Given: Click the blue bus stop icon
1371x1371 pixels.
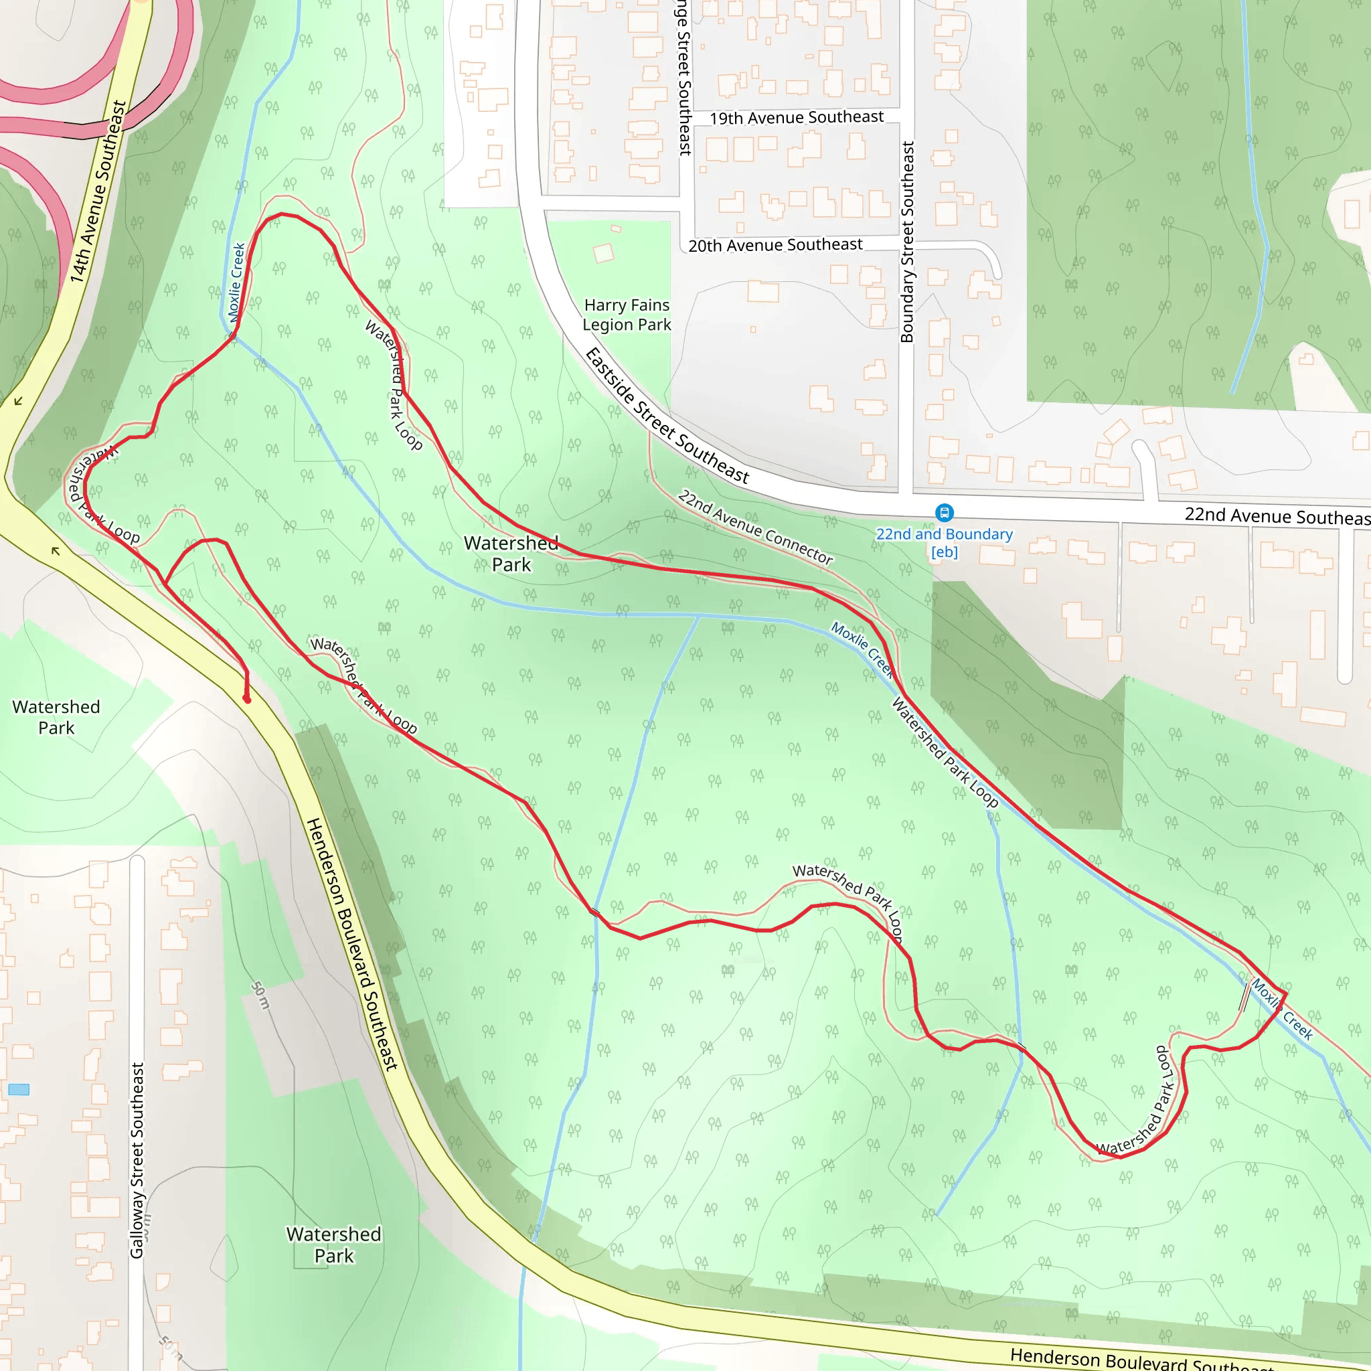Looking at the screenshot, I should tap(944, 512).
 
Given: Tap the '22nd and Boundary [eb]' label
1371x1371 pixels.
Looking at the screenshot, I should tap(944, 543).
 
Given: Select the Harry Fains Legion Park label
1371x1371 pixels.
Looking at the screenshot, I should tap(627, 315).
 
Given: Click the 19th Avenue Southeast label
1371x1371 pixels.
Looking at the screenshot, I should tap(796, 118).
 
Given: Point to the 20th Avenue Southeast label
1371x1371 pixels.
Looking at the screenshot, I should tap(775, 246).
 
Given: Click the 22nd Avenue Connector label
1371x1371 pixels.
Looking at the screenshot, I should tap(755, 528).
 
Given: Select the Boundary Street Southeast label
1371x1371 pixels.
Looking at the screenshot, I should tap(907, 242).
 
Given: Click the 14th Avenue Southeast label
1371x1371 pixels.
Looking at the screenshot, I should tap(98, 191).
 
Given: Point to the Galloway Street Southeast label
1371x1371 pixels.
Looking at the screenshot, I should tap(137, 1160).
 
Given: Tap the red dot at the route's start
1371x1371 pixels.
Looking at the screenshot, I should tap(247, 700).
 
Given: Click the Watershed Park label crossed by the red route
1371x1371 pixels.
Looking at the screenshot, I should tap(511, 554).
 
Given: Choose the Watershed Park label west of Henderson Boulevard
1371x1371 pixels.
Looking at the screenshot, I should tap(56, 718).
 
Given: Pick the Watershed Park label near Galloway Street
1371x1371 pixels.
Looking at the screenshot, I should tap(333, 1244).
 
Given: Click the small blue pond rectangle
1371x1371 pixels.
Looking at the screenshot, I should tap(19, 1090).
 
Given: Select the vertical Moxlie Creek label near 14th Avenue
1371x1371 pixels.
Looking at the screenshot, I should tap(236, 283).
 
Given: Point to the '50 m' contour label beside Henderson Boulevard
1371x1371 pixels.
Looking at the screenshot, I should tap(261, 995).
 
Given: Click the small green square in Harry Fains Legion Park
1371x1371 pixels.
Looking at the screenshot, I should tap(603, 253).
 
